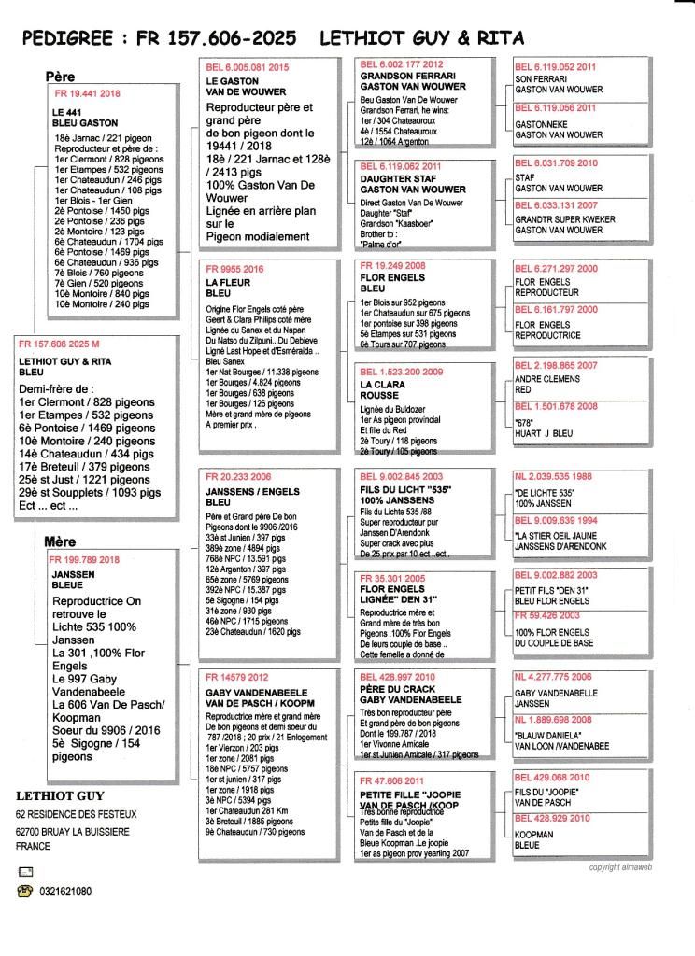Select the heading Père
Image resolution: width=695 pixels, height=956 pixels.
click(60, 77)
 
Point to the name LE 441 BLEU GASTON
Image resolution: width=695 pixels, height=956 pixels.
click(79, 117)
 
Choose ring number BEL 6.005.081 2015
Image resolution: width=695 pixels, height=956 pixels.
click(248, 67)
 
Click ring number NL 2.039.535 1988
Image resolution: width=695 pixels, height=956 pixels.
click(554, 475)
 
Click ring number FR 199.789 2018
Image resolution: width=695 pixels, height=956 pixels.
click(89, 559)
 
